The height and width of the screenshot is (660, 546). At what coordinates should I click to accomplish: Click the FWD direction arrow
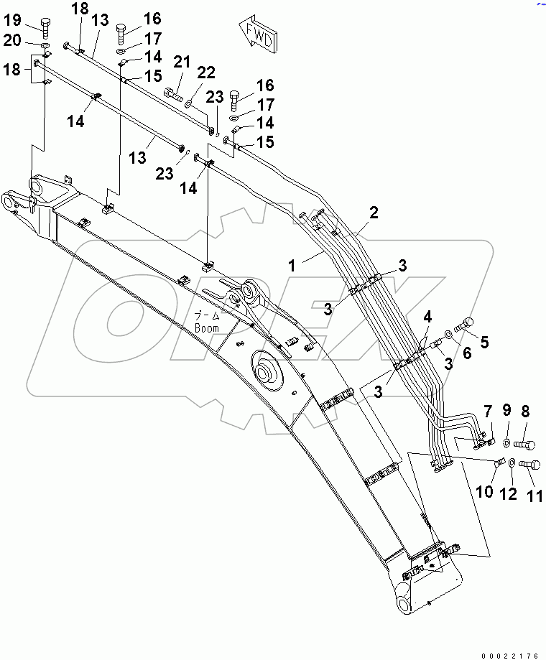click(255, 35)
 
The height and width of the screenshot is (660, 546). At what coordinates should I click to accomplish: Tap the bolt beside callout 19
click(46, 28)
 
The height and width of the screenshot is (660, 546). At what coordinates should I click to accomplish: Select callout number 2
click(373, 213)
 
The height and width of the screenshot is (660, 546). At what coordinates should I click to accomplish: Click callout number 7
click(487, 412)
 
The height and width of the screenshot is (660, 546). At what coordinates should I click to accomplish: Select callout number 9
click(507, 411)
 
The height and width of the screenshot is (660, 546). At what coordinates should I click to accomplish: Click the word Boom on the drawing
click(206, 327)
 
